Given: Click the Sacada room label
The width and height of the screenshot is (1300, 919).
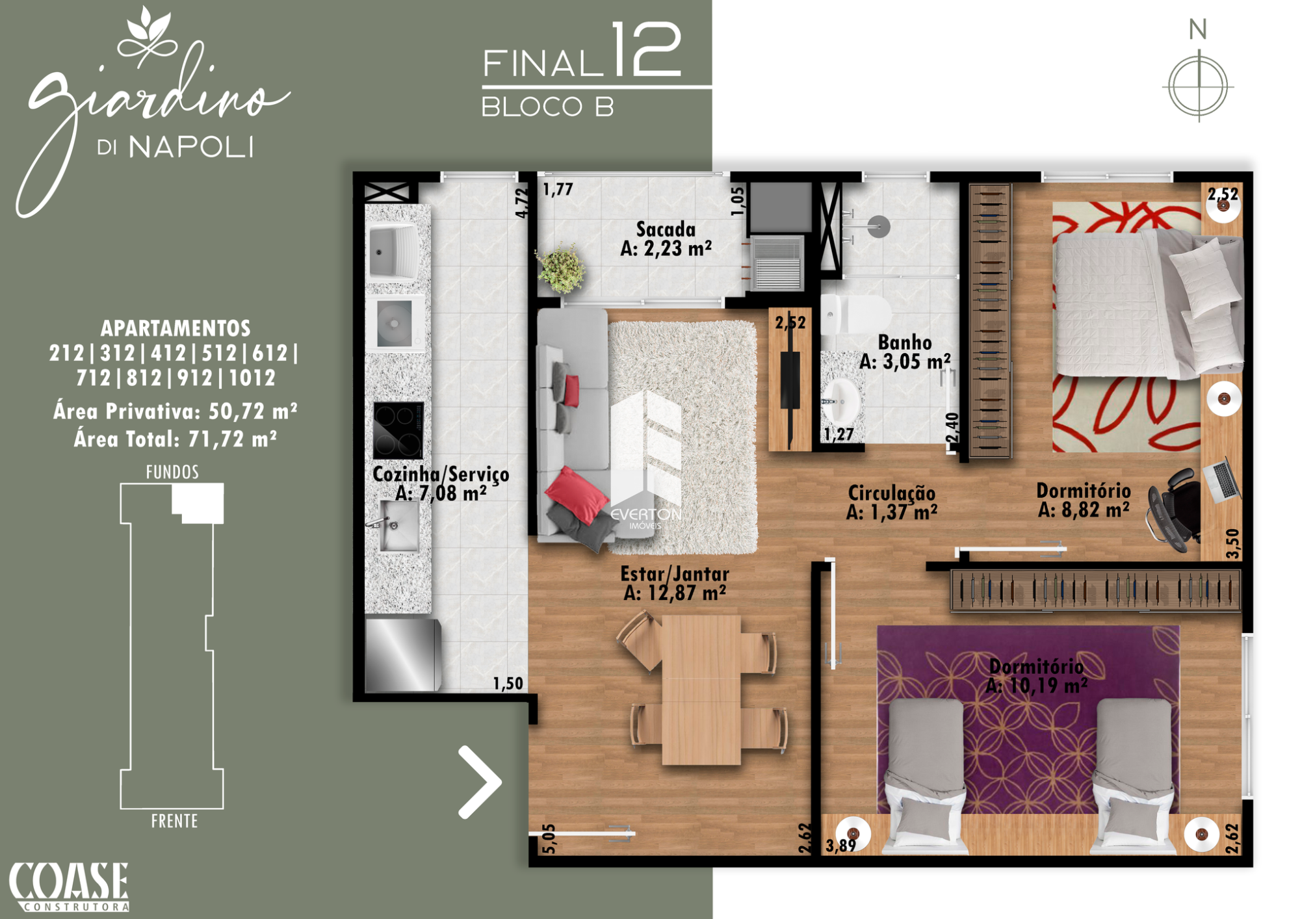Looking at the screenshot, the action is [x=666, y=229].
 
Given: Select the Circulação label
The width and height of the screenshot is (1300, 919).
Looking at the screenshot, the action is [x=892, y=493].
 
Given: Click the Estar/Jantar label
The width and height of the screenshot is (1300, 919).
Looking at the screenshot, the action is [x=675, y=574].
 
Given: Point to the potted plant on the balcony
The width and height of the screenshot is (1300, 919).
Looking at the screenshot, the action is [x=560, y=268].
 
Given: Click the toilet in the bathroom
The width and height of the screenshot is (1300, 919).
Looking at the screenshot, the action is [x=855, y=314].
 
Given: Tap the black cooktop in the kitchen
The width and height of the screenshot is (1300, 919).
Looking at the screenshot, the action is [x=398, y=430].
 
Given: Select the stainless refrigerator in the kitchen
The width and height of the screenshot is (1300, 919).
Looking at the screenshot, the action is [x=403, y=654].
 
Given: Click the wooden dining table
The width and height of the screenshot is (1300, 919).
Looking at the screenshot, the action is [x=701, y=690].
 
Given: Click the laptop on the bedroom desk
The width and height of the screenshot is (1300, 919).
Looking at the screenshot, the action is [x=1221, y=478].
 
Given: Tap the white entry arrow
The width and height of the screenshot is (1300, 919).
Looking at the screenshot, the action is [x=480, y=782].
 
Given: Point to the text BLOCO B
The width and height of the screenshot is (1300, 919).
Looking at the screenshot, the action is [x=547, y=107].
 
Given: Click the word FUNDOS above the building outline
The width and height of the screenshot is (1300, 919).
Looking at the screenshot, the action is [x=172, y=472].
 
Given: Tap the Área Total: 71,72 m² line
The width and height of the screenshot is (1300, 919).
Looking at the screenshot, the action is [x=175, y=439].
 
